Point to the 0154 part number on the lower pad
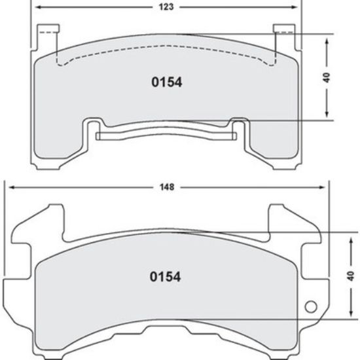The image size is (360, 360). pyautogui.click(x=166, y=276)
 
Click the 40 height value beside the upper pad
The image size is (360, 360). pyautogui.click(x=325, y=77)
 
